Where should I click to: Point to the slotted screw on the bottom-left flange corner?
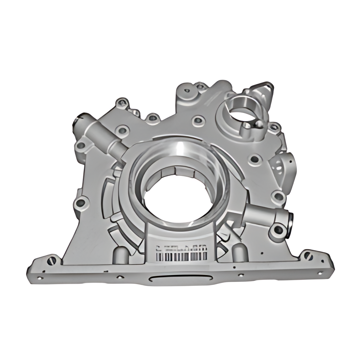51,261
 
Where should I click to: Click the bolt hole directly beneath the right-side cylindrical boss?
278,230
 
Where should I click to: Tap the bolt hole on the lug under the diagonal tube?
81,146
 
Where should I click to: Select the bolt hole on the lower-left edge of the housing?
81,203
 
